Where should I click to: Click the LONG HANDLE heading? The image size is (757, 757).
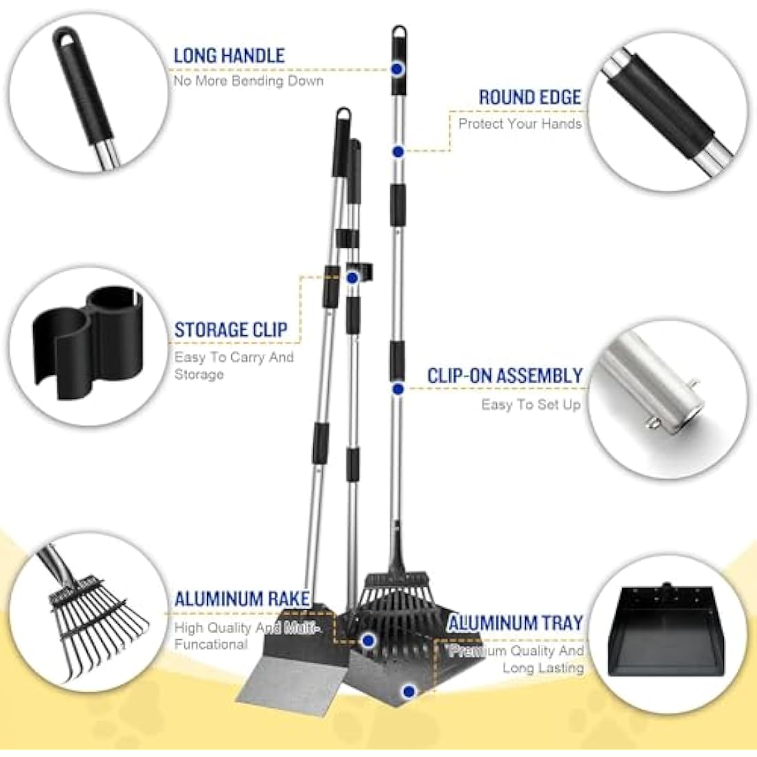point(229,56)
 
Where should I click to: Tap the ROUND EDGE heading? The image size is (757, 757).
point(530,97)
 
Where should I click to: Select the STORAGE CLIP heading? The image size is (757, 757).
point(231,330)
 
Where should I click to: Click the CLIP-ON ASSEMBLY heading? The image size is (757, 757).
point(505,376)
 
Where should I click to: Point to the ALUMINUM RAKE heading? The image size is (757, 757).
point(242,599)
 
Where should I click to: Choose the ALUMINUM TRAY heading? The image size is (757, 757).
point(515,623)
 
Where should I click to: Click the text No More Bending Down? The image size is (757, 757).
point(248,81)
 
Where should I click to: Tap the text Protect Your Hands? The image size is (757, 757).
point(520,124)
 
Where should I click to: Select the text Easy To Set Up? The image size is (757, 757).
point(531,405)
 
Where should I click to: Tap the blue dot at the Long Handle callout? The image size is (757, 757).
point(397,69)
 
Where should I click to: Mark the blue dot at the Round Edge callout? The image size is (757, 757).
point(398,151)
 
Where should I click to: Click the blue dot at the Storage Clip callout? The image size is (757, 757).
point(352,277)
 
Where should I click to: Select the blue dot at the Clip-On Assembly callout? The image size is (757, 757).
point(398,389)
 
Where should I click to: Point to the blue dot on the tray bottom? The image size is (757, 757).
point(408,692)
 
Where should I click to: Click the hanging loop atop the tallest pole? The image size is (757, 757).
point(398,33)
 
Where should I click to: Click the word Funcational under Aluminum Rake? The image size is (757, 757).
point(211,645)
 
